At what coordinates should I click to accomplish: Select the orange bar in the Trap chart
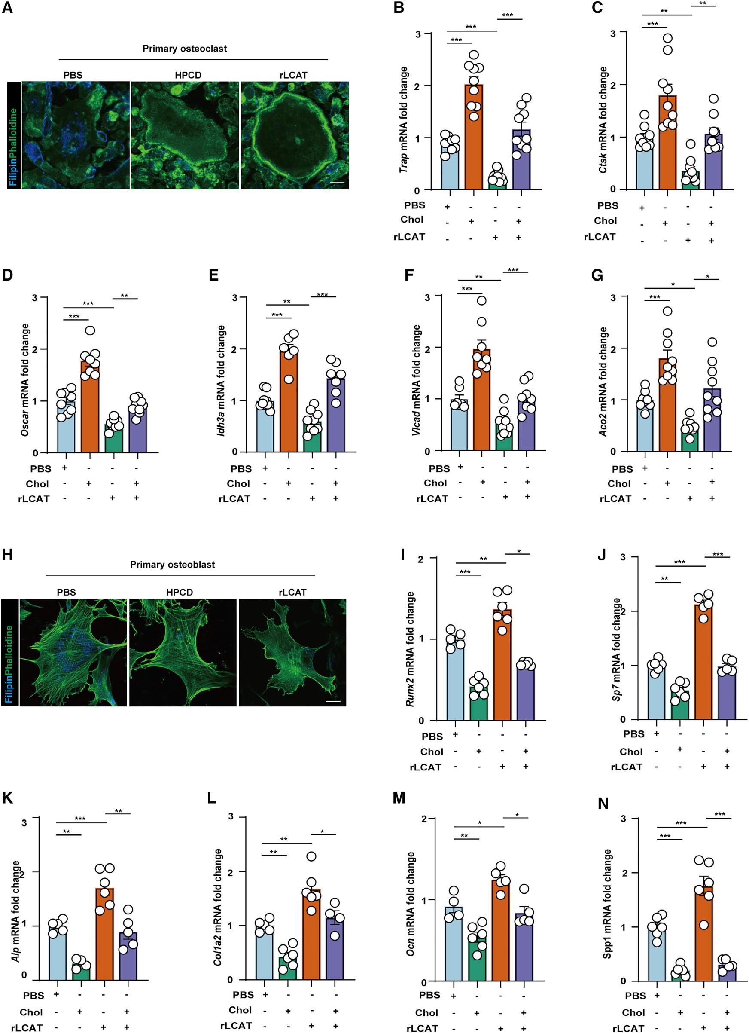[x=474, y=137]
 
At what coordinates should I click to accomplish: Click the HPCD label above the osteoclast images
[x=188, y=75]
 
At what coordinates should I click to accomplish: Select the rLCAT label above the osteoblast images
[x=292, y=593]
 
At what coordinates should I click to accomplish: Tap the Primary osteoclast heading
[x=184, y=49]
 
